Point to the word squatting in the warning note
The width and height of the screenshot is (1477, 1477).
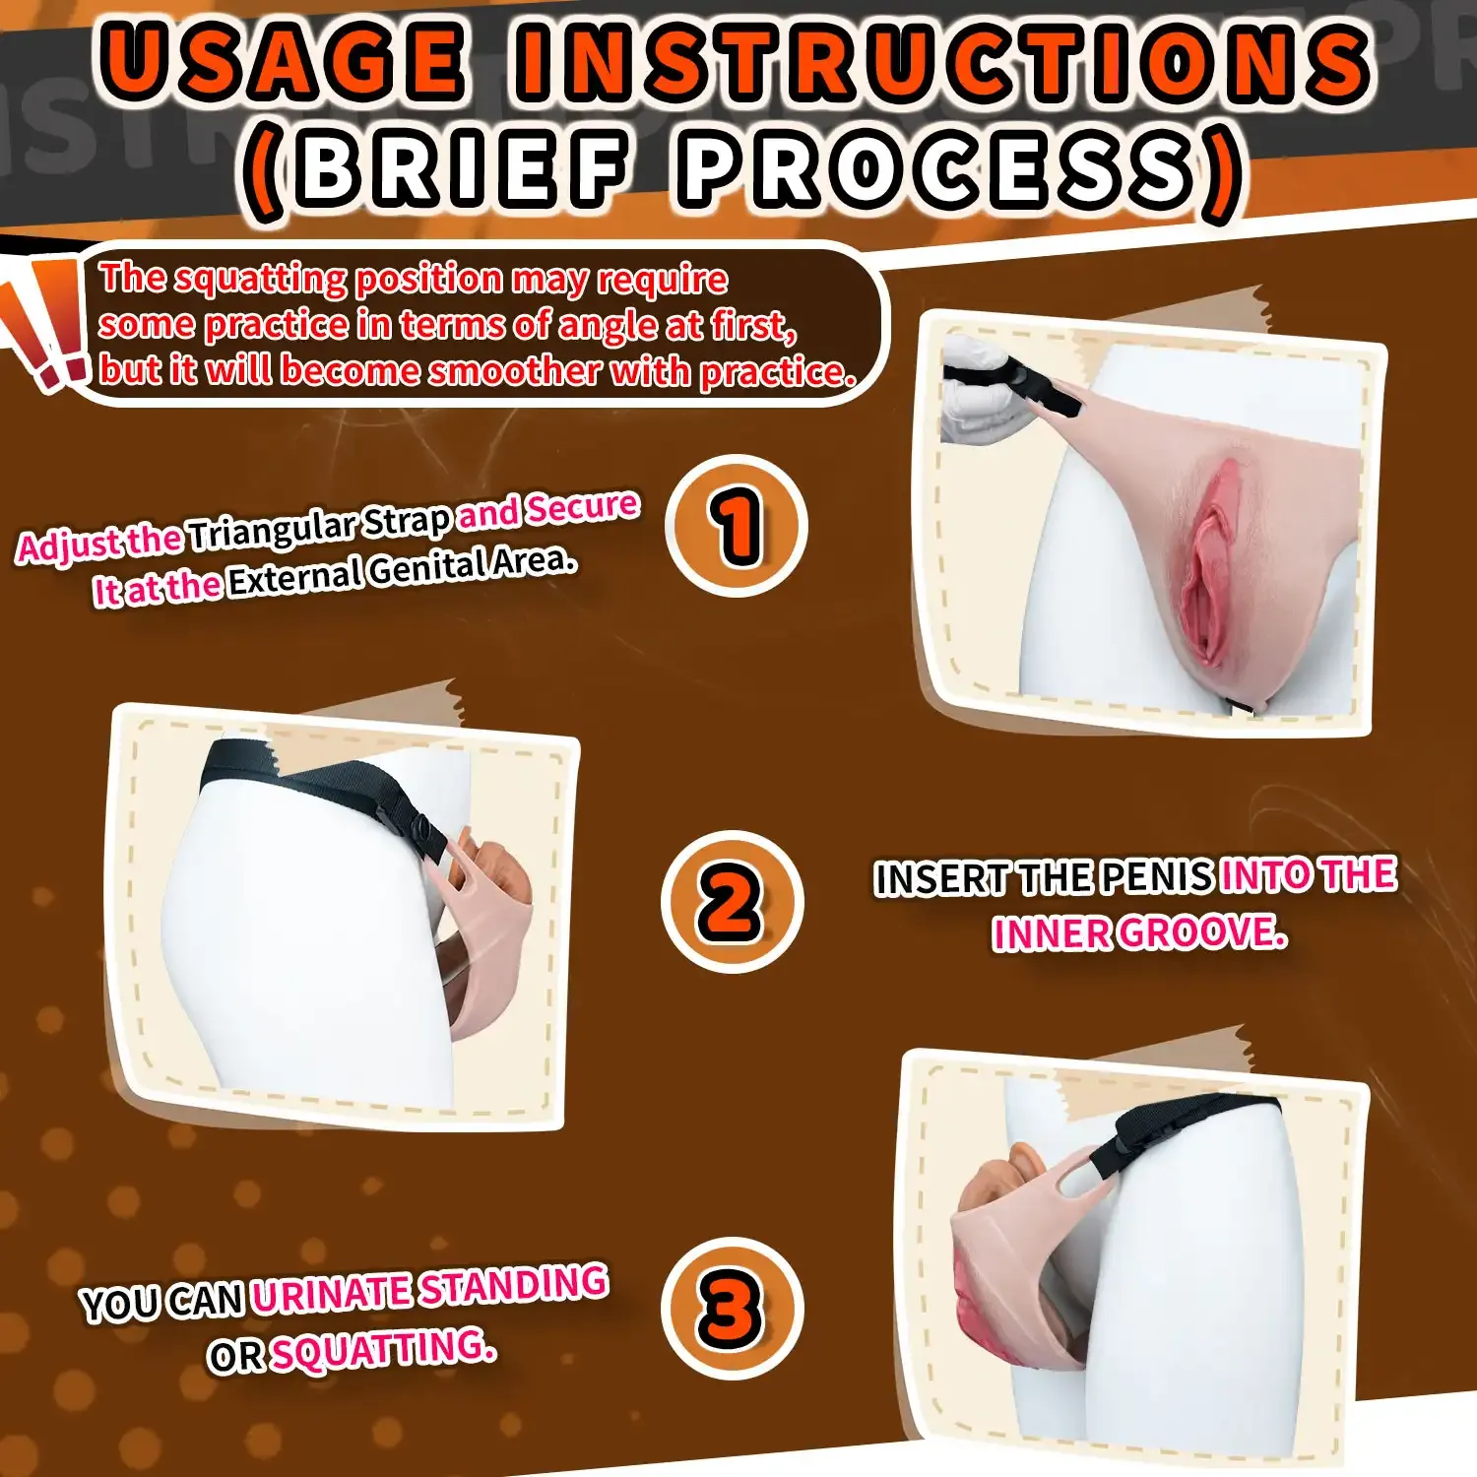coord(260,280)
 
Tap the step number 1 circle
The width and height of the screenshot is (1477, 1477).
coord(737,526)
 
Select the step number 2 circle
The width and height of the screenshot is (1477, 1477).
coord(733,902)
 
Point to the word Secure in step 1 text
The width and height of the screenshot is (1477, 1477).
coord(582,506)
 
